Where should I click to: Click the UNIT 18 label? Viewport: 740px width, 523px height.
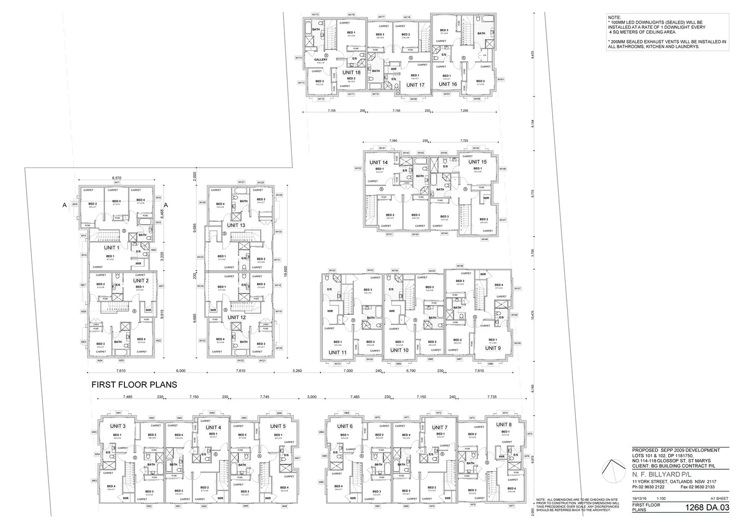351,72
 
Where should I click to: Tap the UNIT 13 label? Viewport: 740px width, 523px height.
236,225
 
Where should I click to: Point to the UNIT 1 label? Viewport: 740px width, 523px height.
111,247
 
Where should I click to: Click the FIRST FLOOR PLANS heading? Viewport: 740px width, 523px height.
134,385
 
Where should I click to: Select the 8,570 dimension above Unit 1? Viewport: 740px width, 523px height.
116,178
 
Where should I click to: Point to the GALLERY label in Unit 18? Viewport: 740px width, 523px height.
320,60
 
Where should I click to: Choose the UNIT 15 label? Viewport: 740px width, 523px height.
477,162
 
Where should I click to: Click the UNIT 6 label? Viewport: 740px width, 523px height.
345,426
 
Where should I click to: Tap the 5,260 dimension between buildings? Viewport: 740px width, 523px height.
297,371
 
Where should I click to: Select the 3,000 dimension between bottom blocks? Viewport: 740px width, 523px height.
312,397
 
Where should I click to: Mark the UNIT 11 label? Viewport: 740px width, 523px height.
337,352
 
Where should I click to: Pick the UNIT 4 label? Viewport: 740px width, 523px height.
213,427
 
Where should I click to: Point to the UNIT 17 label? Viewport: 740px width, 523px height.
415,85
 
